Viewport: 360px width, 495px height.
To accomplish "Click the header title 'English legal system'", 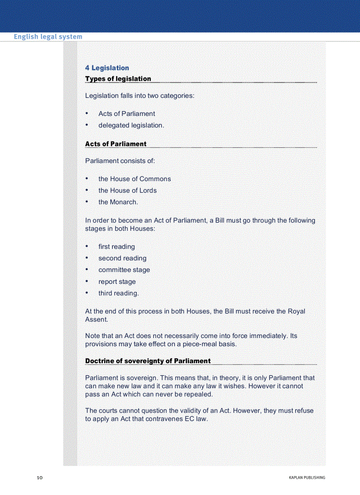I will click(48, 37).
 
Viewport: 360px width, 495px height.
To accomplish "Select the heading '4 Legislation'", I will click(107, 68).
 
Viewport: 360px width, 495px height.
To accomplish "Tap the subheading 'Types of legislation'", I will click(118, 79).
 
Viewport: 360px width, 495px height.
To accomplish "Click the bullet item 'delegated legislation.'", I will click(131, 125).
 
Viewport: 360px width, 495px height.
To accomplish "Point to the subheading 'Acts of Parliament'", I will click(116, 144).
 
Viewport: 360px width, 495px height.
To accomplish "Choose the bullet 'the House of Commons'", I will click(135, 179).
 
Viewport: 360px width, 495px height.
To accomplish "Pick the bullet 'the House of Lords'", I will click(127, 190).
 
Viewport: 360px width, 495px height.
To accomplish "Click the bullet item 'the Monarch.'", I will click(118, 202).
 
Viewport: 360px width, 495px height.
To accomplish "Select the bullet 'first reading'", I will click(116, 247).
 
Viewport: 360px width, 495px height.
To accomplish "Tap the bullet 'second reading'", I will click(122, 258).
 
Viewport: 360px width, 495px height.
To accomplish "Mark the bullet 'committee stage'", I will click(124, 270).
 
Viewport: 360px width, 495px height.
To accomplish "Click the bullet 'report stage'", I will click(117, 282).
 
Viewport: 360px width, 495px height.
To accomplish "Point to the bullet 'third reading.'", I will click(119, 293).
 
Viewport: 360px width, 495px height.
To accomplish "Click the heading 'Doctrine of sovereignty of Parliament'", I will click(148, 361).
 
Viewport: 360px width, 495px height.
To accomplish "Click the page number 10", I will click(39, 477).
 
